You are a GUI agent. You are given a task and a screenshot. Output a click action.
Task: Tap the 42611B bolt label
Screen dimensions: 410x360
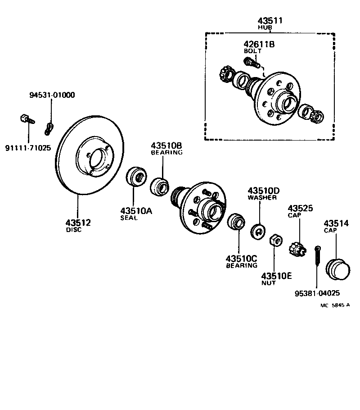tap(259, 45)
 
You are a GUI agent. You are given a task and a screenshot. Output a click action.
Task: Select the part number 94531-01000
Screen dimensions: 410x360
tap(52, 95)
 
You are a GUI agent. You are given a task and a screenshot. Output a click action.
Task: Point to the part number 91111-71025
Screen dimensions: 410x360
tap(28, 147)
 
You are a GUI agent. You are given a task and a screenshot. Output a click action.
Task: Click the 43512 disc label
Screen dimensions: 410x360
tap(78, 223)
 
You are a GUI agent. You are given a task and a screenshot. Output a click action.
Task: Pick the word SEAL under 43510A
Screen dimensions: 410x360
tap(129, 218)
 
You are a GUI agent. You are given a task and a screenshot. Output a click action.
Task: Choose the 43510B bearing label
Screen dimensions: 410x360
tap(166, 146)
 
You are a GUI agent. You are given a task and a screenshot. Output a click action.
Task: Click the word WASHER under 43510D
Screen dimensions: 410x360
tap(262, 197)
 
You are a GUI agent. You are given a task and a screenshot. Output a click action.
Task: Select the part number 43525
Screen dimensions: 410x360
tap(300, 208)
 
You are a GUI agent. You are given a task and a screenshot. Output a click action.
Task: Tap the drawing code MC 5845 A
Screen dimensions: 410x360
tap(335, 305)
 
